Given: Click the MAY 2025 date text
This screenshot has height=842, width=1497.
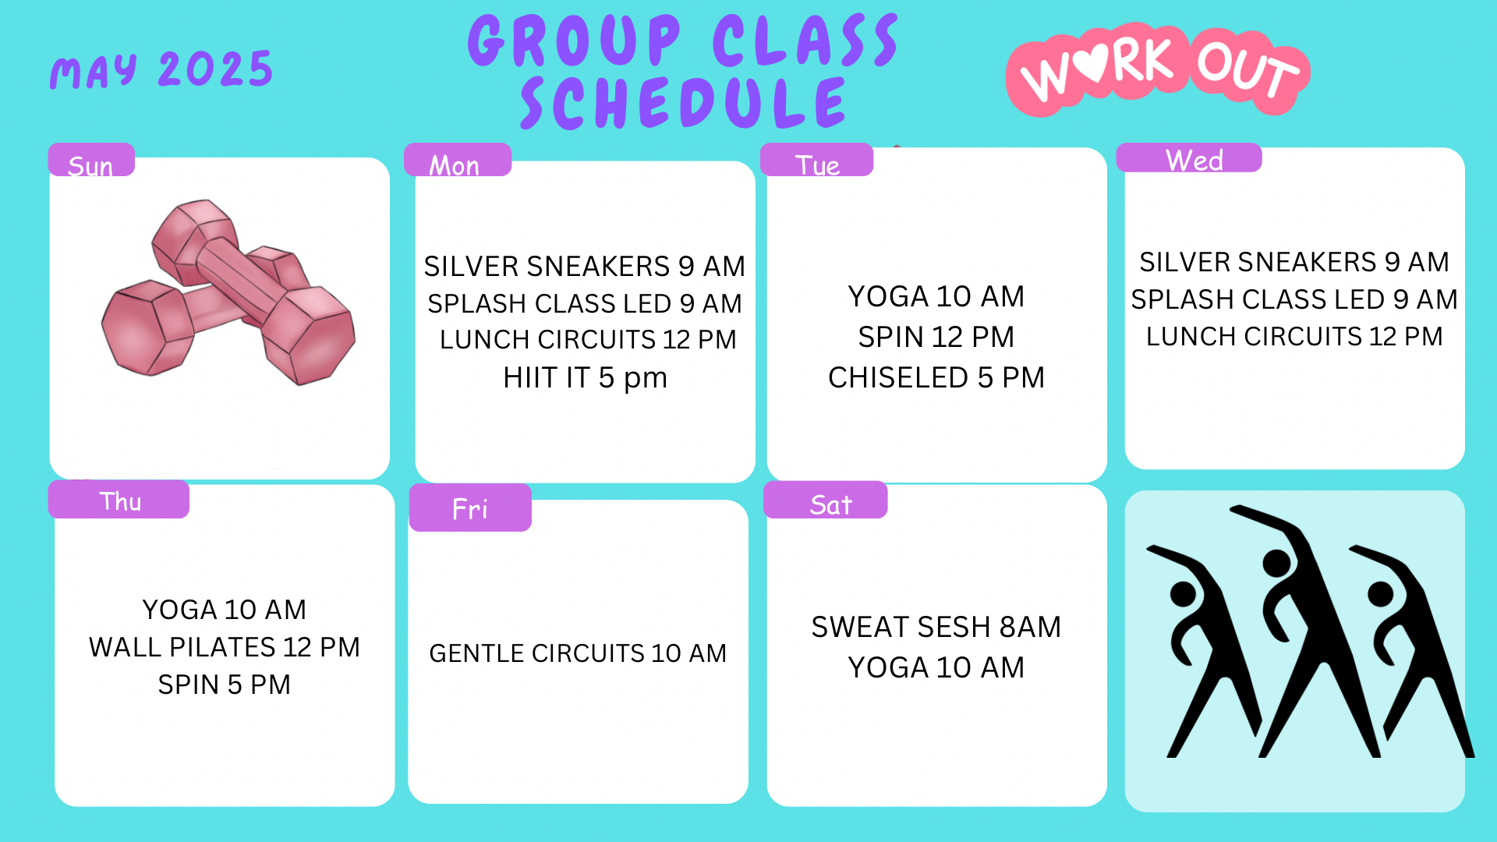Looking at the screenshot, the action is (x=161, y=70).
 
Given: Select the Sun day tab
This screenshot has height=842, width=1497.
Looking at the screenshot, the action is (x=91, y=160).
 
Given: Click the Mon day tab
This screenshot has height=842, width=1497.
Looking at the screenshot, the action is (x=458, y=160).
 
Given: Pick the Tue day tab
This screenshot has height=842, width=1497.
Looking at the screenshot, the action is (x=816, y=160).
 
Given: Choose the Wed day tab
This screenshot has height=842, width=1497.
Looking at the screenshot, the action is (x=1189, y=157).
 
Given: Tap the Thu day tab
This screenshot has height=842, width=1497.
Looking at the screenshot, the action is (x=119, y=499).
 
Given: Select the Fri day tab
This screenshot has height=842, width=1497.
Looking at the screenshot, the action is (x=470, y=508).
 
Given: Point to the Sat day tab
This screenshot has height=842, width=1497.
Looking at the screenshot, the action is (x=826, y=500).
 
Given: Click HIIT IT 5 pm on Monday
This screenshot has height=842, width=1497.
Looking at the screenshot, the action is (x=586, y=378).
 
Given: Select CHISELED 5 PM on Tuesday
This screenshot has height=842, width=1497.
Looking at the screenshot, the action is (x=936, y=377).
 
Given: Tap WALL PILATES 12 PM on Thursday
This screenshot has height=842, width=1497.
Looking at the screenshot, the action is (x=225, y=647).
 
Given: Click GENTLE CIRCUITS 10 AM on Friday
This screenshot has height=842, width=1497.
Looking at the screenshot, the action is (x=578, y=653).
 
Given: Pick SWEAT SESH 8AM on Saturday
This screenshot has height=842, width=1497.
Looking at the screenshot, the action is (x=936, y=627).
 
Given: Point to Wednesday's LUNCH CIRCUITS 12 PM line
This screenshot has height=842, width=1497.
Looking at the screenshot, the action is (x=1294, y=337).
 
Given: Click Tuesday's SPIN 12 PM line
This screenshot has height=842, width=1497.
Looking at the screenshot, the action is (x=936, y=337).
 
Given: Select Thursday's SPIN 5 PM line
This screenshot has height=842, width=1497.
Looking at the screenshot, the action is (x=225, y=685).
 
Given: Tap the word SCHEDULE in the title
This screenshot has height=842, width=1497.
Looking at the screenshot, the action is (x=684, y=104).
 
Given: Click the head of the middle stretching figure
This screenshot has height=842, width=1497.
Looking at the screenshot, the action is (x=1277, y=563).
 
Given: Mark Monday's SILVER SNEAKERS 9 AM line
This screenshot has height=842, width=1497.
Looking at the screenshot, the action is (x=585, y=267).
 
